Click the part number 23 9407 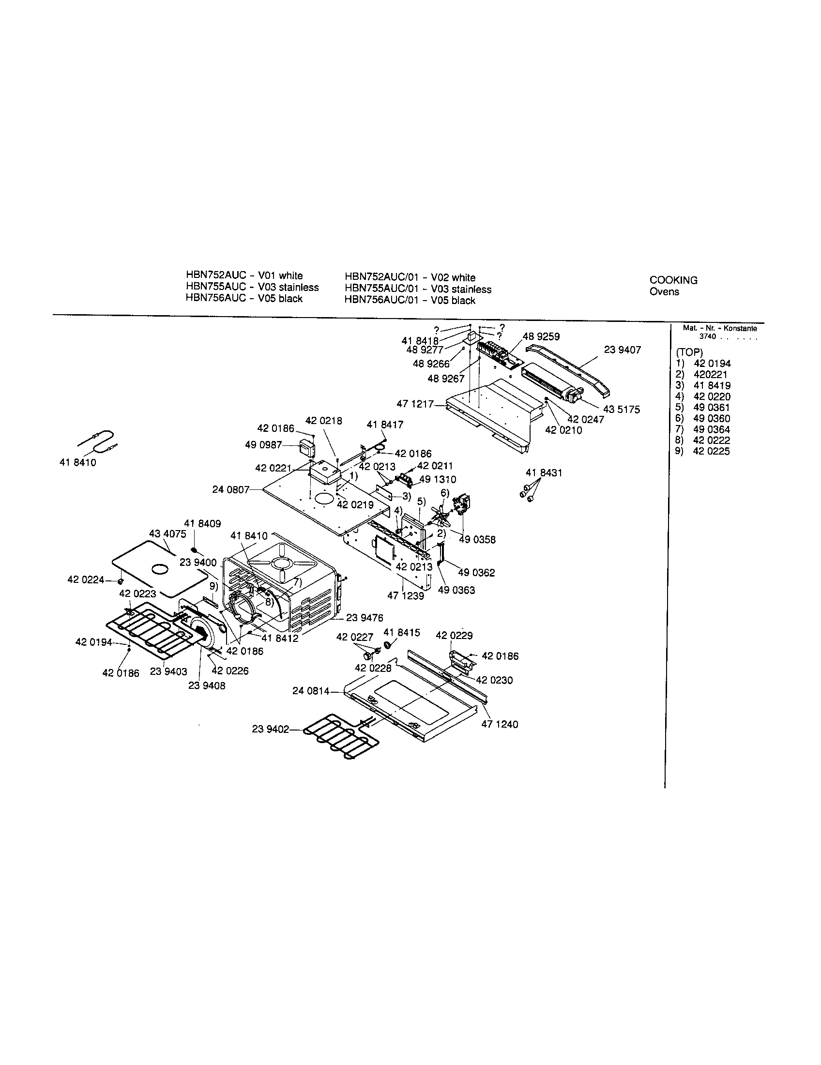click(622, 350)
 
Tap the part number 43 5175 click(621, 410)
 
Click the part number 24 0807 click(230, 488)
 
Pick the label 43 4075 click(167, 534)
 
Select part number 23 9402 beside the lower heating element click(271, 743)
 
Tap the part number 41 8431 click(544, 472)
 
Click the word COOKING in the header click(673, 280)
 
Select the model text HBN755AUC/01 click(382, 289)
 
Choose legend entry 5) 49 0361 click(702, 407)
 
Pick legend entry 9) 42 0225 click(702, 451)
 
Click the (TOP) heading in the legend click(689, 352)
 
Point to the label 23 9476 click(365, 618)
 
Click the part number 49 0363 click(456, 590)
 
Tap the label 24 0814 click(311, 691)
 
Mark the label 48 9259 click(541, 336)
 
